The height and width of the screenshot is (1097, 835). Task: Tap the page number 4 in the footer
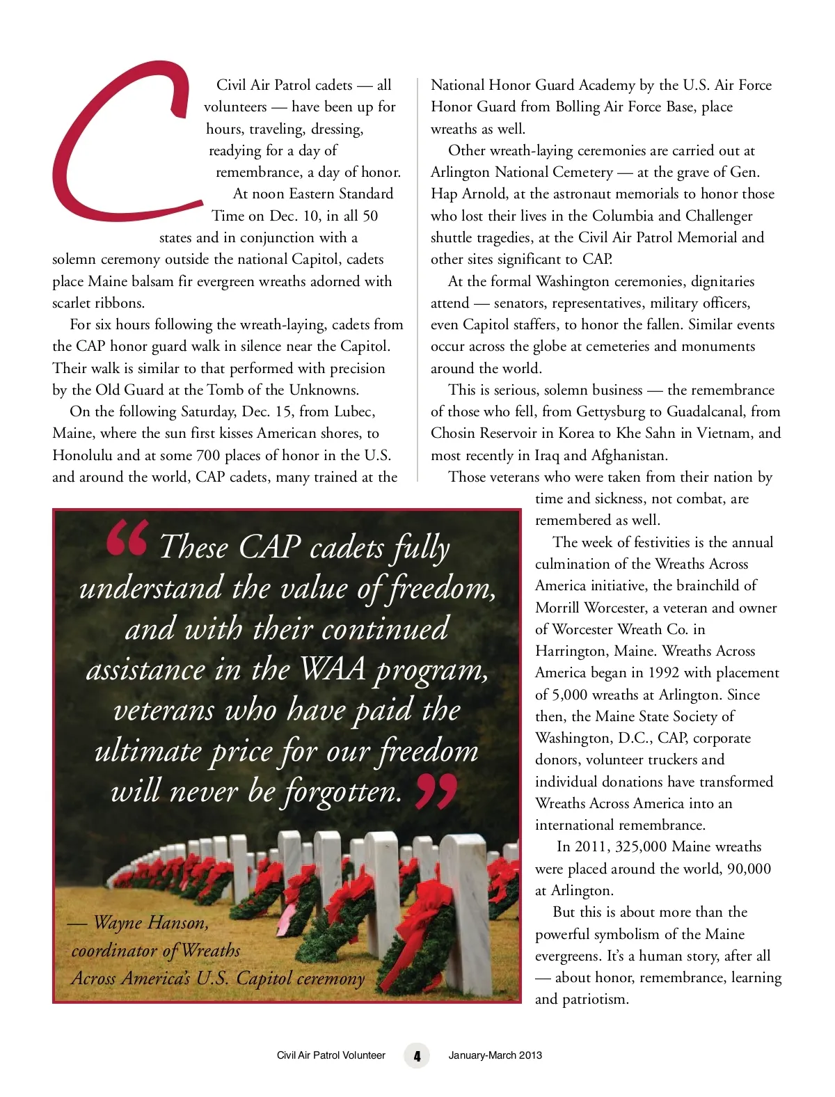click(417, 1055)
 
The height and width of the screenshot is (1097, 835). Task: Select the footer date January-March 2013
click(495, 1055)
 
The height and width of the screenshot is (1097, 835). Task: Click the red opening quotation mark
click(127, 539)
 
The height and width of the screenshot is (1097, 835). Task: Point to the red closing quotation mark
click(436, 791)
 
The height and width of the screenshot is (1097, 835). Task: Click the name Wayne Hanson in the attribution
click(150, 923)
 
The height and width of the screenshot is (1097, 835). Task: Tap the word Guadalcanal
click(699, 411)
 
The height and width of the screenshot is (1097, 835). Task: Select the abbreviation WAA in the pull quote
click(333, 670)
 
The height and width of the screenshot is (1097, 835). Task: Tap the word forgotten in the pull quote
click(342, 791)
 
